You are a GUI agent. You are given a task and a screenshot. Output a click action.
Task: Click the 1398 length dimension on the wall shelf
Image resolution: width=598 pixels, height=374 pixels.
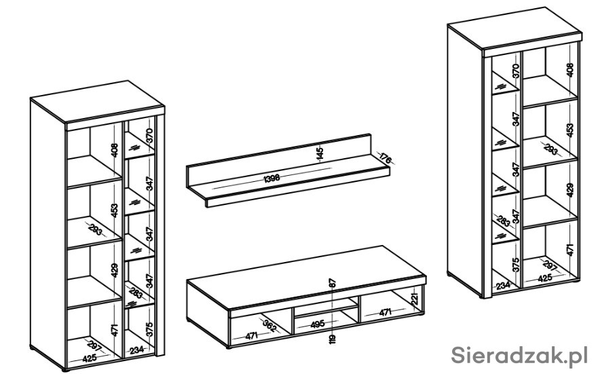point(272,178)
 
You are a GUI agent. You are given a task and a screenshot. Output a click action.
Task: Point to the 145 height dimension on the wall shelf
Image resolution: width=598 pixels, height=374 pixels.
point(320,153)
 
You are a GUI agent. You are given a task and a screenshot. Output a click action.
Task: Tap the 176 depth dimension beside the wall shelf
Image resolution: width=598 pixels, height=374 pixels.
point(386,158)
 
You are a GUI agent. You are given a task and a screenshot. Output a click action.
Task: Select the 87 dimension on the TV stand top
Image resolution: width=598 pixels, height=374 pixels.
point(333,283)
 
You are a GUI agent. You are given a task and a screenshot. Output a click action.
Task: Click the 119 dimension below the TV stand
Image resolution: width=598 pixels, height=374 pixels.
point(333,338)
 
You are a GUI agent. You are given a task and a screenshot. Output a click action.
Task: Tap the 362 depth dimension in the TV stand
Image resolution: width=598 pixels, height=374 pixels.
point(269,325)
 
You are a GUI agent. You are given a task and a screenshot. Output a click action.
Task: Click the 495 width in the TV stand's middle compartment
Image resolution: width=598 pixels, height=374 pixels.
point(317,324)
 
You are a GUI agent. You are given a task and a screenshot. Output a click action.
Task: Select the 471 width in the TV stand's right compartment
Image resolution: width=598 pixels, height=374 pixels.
point(385,313)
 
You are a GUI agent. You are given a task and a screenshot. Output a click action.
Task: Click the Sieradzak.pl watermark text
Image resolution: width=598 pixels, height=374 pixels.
point(519,355)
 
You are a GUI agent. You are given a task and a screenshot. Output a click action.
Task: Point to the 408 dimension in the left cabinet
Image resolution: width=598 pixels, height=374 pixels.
point(115,150)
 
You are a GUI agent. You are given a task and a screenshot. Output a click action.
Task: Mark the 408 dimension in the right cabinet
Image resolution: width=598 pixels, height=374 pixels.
point(569,70)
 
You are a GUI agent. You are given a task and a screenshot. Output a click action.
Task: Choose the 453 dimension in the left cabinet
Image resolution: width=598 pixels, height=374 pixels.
point(115,210)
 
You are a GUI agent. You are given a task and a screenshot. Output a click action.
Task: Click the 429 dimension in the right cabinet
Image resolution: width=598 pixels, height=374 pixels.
point(569,190)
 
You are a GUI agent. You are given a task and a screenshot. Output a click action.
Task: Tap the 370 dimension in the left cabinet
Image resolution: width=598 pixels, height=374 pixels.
point(149,136)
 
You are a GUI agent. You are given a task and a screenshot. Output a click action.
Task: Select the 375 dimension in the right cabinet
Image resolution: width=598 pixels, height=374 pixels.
point(516,265)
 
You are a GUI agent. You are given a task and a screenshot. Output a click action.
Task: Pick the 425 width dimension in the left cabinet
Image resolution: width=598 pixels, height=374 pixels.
point(90,358)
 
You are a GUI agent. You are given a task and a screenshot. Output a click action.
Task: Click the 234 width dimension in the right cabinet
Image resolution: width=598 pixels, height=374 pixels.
point(504,285)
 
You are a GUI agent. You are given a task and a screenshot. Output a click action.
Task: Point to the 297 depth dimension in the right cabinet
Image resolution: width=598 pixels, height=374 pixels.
point(550,265)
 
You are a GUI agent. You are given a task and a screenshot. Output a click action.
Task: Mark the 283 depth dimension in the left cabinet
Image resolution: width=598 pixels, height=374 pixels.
point(136,293)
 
